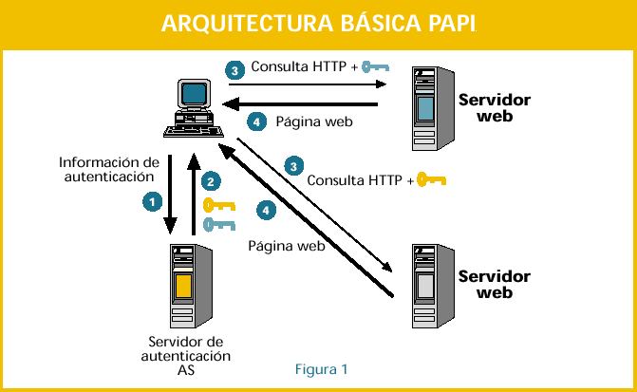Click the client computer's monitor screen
pos(195,93)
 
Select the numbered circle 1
pos(150,201)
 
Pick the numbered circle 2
pos(212,180)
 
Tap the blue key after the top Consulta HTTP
pos(376,67)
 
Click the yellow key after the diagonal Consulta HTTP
pos(430,178)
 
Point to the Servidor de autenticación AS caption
pos(186,356)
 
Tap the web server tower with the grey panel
pos(426,286)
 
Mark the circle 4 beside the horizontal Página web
pos(253,121)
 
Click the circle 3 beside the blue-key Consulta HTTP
pos(234,68)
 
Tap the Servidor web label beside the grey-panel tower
pos(494,285)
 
